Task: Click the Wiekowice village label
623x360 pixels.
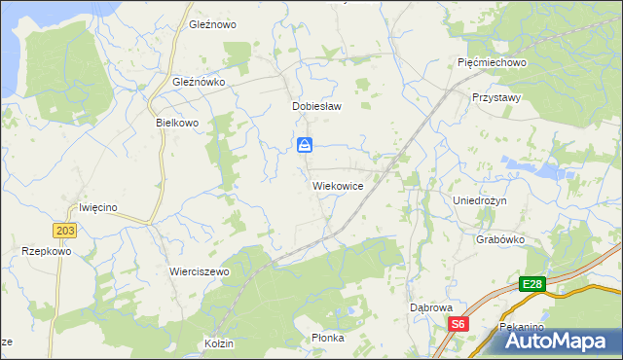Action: click(338, 185)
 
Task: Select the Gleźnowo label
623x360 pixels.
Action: click(213, 24)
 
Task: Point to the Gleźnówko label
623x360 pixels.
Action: click(199, 83)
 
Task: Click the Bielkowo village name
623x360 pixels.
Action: click(177, 124)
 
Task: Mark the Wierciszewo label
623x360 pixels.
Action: click(199, 272)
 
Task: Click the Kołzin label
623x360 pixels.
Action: click(219, 344)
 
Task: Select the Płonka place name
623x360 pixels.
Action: click(328, 338)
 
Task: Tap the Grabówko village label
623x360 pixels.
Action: click(501, 238)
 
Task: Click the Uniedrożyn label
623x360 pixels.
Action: click(487, 199)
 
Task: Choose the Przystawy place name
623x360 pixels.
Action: click(496, 98)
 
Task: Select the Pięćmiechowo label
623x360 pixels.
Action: click(492, 62)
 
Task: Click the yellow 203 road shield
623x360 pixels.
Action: click(65, 230)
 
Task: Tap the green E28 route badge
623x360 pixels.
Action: click(531, 284)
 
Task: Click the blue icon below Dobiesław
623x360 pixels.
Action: click(306, 146)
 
